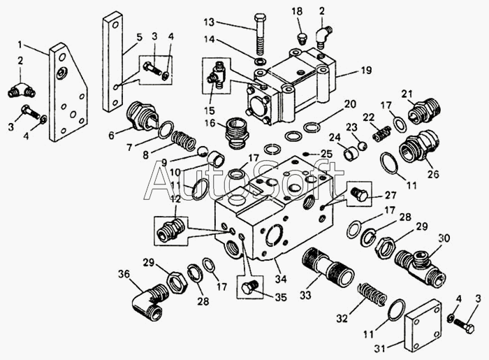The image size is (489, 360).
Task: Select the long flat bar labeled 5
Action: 113,62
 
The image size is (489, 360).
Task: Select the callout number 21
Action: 407,94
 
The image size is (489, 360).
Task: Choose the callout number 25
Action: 326,154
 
